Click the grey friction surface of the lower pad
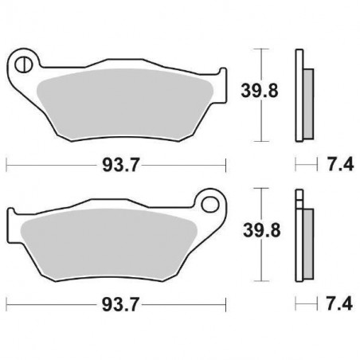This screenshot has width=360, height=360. [x=112, y=239]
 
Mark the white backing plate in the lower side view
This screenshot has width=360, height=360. [x=299, y=239]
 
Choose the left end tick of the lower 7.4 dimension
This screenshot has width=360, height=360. [x=295, y=304]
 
